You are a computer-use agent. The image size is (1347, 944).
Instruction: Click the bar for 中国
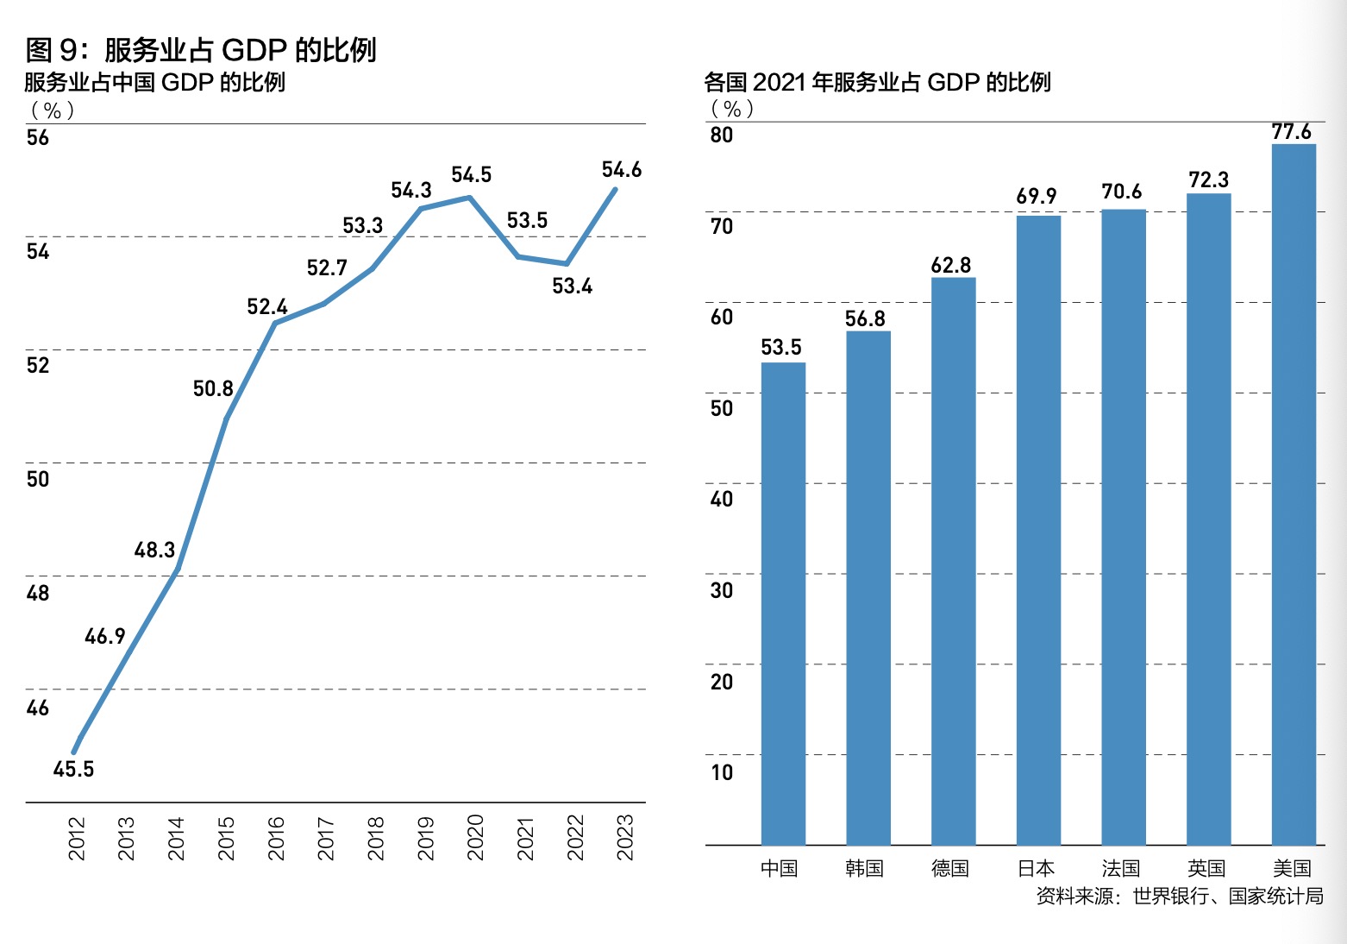[x=783, y=603]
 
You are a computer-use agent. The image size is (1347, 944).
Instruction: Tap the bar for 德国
[x=953, y=561]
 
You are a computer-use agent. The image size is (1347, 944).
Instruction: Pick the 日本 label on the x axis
[x=1037, y=868]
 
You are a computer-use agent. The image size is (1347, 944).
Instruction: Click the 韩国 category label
[x=865, y=868]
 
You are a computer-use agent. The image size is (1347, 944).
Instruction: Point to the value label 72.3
[x=1208, y=179]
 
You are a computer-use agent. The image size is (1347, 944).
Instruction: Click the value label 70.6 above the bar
[x=1122, y=192]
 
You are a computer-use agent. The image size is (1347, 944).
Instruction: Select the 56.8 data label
[x=865, y=318]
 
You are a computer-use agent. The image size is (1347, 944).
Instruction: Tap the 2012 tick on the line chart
[x=77, y=838]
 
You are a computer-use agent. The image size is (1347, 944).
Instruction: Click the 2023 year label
[x=625, y=837]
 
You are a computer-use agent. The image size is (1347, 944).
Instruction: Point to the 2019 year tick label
[x=426, y=838]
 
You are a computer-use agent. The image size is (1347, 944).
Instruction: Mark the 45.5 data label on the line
[x=73, y=769]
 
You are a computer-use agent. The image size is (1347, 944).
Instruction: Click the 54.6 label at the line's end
[x=622, y=170]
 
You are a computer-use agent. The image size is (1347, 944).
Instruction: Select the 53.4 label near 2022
[x=572, y=286]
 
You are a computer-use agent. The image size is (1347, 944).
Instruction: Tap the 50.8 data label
[x=213, y=388]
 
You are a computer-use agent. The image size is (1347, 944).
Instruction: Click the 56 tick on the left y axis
[x=38, y=138]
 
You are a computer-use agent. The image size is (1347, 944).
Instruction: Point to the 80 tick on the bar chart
[x=722, y=135]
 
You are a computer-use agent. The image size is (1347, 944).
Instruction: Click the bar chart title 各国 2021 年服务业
[x=877, y=82]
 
